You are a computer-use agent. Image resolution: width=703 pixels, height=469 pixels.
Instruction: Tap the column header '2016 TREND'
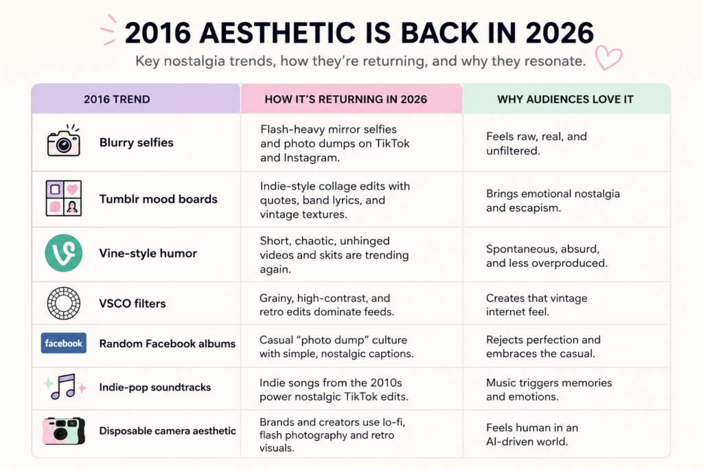pyautogui.click(x=117, y=99)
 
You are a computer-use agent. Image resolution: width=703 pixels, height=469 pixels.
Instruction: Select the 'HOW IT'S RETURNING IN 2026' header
pyautogui.click(x=346, y=99)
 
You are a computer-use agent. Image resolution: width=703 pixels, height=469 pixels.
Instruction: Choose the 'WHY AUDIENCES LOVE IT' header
pyautogui.click(x=566, y=99)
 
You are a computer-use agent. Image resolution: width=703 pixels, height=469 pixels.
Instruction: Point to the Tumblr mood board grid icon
pyautogui.click(x=64, y=198)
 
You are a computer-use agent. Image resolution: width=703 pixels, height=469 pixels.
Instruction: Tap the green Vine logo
pyautogui.click(x=64, y=253)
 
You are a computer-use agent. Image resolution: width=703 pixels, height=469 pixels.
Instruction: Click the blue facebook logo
pyautogui.click(x=64, y=343)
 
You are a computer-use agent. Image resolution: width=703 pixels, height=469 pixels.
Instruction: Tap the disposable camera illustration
pyautogui.click(x=64, y=431)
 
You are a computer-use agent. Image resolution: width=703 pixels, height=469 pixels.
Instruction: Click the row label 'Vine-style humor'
pyautogui.click(x=148, y=253)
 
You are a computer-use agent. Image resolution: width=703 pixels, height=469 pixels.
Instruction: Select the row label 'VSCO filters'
pyautogui.click(x=132, y=304)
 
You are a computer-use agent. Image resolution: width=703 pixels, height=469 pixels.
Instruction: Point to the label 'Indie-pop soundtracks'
pyautogui.click(x=154, y=387)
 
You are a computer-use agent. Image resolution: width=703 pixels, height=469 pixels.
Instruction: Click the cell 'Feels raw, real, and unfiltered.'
pyautogui.click(x=536, y=144)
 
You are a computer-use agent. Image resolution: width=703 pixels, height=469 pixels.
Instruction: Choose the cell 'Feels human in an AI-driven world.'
pyautogui.click(x=532, y=435)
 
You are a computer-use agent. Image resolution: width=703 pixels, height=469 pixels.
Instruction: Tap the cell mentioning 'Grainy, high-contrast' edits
pyautogui.click(x=326, y=305)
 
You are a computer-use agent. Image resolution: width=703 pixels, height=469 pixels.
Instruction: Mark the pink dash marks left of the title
pyautogui.click(x=108, y=30)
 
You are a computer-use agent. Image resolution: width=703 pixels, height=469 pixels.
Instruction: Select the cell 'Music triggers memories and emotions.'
pyautogui.click(x=549, y=389)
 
